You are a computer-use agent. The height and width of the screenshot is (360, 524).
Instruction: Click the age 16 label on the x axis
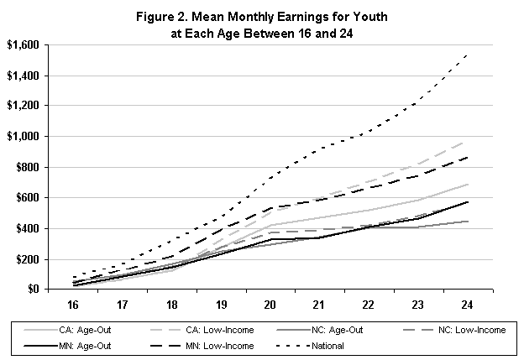click(73, 304)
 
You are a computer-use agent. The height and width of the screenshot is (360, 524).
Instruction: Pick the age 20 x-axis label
click(270, 304)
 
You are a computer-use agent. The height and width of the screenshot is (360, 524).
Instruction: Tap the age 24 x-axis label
click(467, 304)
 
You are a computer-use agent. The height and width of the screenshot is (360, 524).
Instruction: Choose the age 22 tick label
click(368, 304)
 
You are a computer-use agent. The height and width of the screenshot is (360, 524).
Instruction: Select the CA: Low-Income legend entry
click(222, 331)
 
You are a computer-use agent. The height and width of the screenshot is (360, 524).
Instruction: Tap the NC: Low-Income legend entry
click(472, 331)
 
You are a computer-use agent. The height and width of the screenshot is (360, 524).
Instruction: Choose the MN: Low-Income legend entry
click(222, 345)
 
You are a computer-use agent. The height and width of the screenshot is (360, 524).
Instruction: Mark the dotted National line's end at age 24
click(467, 54)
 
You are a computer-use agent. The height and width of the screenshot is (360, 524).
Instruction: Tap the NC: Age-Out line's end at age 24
click(467, 222)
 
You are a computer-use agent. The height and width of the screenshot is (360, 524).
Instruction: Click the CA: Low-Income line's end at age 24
click(467, 142)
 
